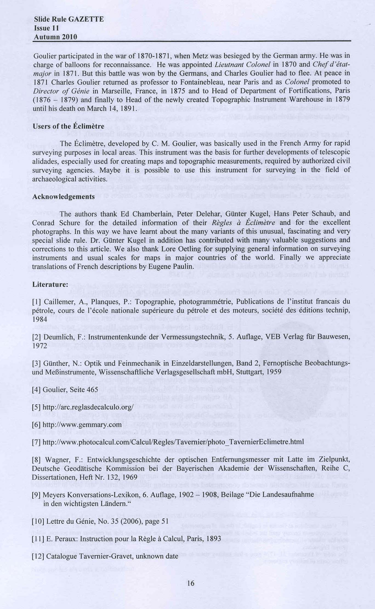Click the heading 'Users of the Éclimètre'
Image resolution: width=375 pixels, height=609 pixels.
[68, 126]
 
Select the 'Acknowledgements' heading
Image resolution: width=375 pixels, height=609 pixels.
[63, 197]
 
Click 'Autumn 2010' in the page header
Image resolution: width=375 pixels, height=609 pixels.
[55, 37]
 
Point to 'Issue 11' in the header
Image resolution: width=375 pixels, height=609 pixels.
[46, 28]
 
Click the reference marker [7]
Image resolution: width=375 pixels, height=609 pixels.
[36, 442]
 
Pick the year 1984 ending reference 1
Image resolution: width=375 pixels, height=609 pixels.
[39, 319]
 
